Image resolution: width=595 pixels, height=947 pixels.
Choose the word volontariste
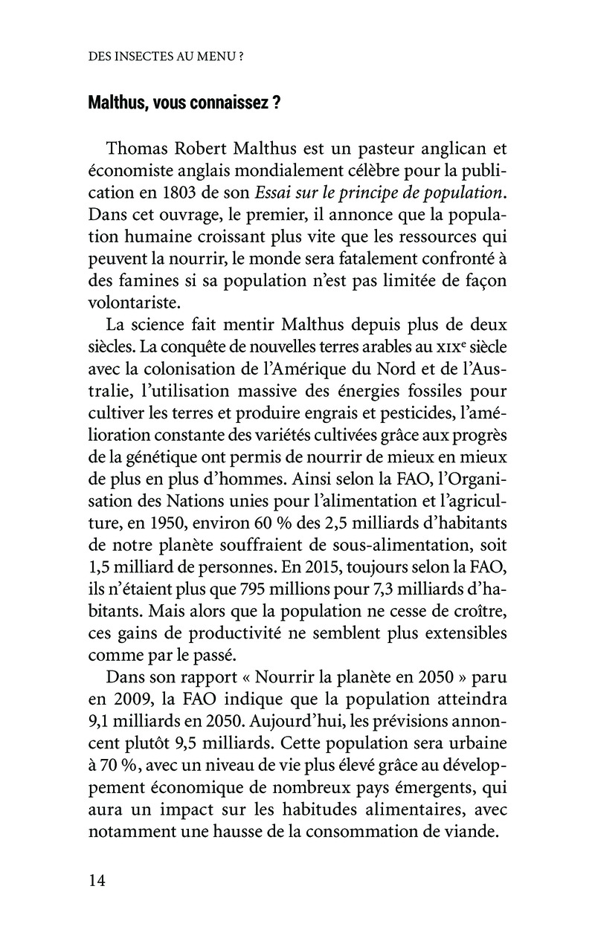134,304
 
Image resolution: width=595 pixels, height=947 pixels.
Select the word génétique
165,461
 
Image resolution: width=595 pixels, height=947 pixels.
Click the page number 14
97,882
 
